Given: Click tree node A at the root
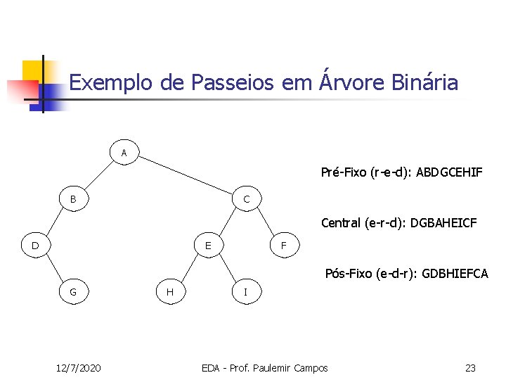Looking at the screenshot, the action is point(124,152).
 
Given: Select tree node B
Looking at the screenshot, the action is point(73,199).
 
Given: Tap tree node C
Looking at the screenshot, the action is point(246,199).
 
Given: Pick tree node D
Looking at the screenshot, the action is point(35,246).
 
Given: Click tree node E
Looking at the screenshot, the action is point(208,246).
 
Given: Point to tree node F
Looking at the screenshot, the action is point(283,246).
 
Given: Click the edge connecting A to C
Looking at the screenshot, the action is point(186,175).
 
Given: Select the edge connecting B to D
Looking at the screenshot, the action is point(53,222).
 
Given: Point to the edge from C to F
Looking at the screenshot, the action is point(264,222).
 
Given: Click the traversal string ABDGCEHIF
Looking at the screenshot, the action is point(449,172).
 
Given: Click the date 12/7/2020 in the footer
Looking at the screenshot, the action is point(78,368).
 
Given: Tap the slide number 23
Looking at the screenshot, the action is point(471,368).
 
